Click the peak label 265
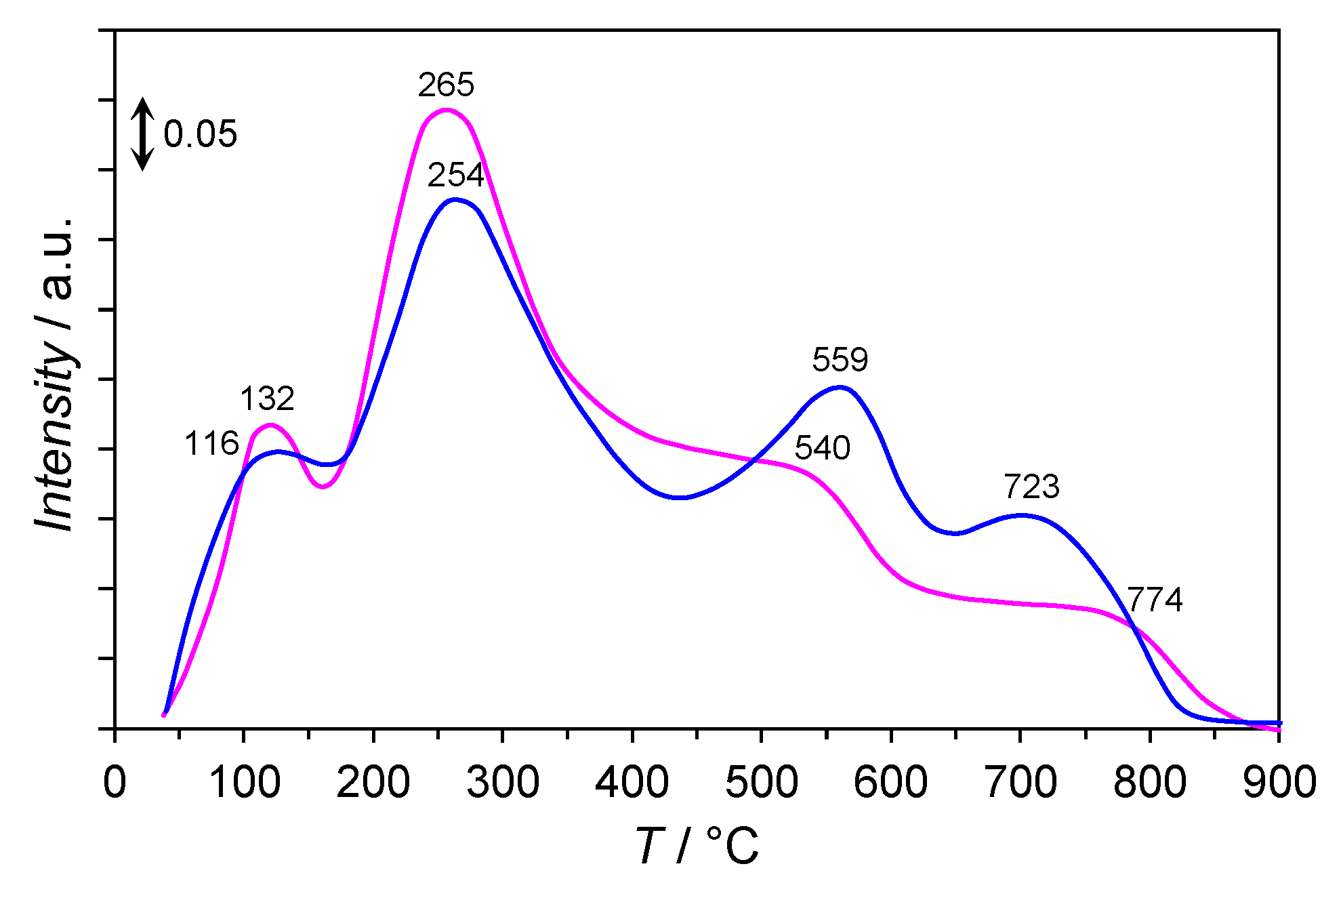coord(446,85)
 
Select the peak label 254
coord(455,176)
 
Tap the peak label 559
coord(840,360)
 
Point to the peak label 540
coord(822,448)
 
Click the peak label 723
coord(1031,487)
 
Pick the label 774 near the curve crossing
coord(1155,600)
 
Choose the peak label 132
coord(267,398)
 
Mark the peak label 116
coord(211,444)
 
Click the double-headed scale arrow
coord(142,134)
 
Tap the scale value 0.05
coord(201,134)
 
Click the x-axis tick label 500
coord(761,782)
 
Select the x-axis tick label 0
coord(115,782)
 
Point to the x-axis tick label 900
coord(1278,782)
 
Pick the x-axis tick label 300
coord(502,782)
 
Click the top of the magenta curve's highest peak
coord(446,109)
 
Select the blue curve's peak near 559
coord(840,387)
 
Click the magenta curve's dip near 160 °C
coord(323,487)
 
